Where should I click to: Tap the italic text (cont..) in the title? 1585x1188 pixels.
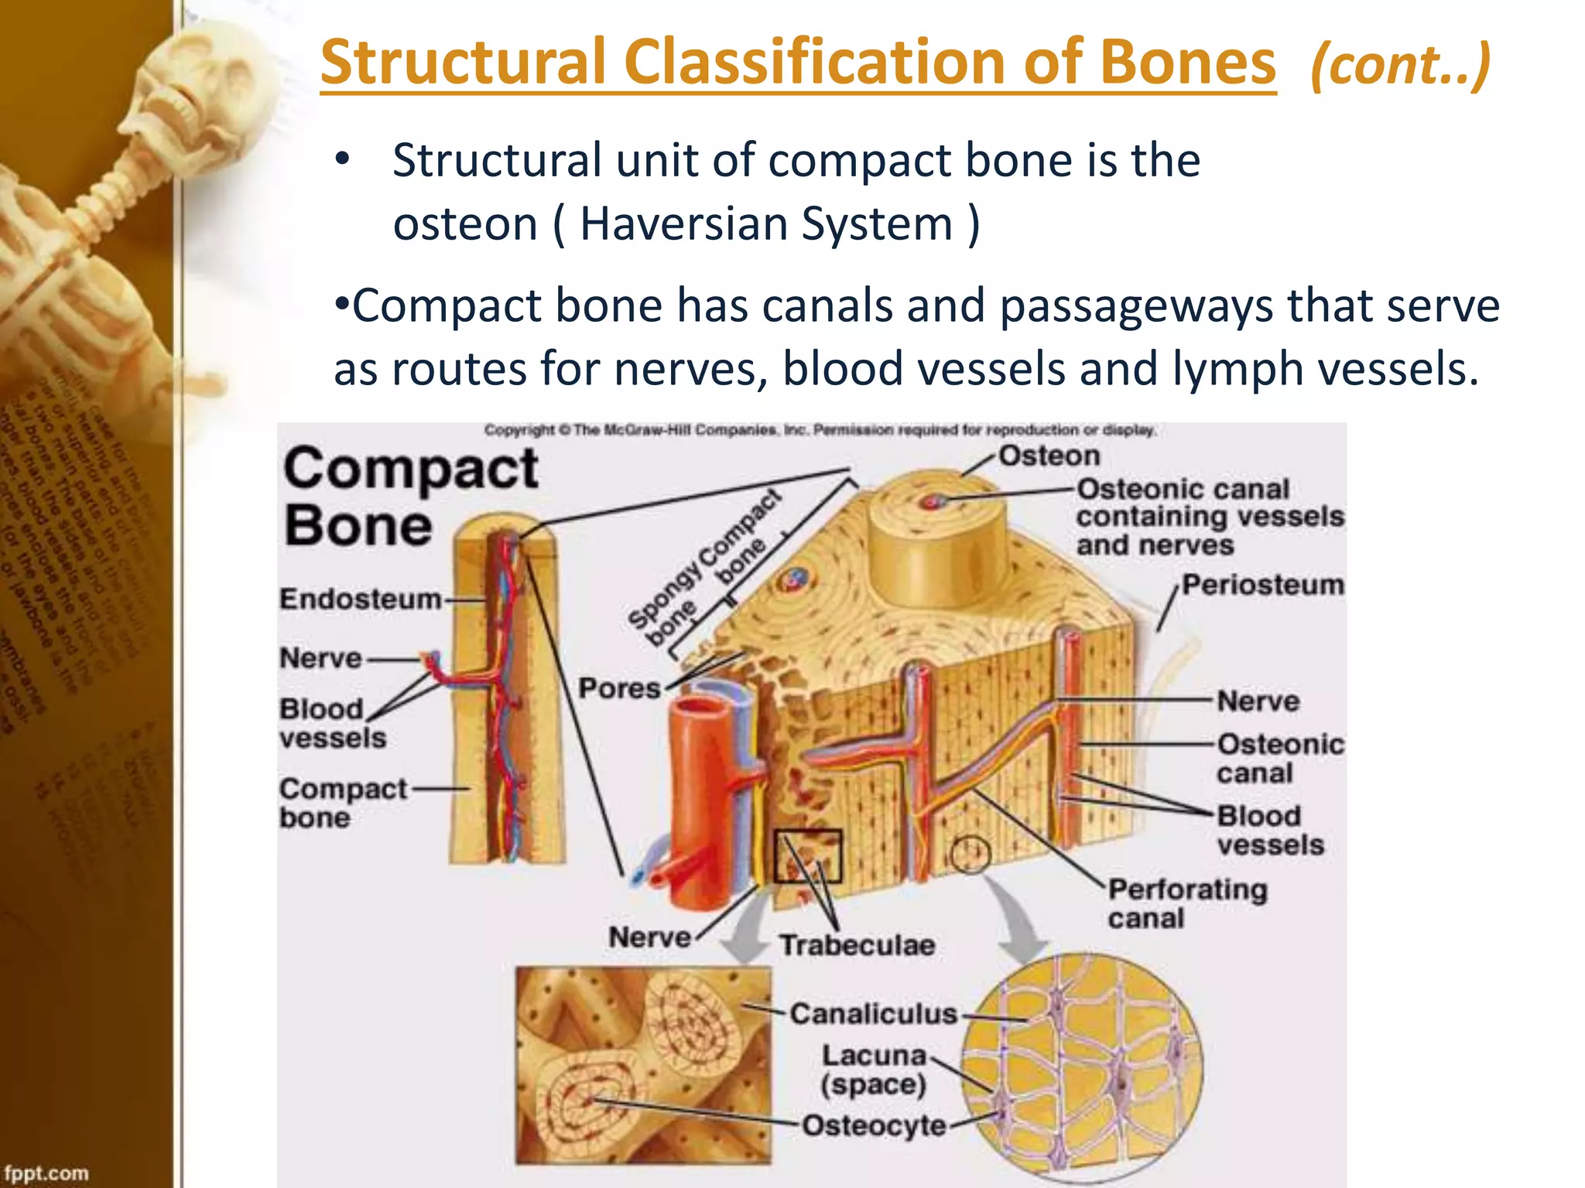(x=1399, y=65)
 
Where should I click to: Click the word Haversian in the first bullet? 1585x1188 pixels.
(x=683, y=224)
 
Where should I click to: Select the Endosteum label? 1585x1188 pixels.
(x=360, y=599)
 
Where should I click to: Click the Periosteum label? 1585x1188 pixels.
(x=1263, y=585)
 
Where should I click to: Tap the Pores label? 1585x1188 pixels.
(x=619, y=688)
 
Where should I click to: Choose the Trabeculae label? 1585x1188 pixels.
(x=857, y=945)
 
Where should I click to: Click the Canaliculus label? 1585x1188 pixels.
(x=873, y=1013)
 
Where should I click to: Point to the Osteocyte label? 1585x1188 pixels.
(x=873, y=1125)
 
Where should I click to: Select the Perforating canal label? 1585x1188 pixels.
(x=1186, y=903)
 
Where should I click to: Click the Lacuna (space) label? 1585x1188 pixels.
(x=874, y=1070)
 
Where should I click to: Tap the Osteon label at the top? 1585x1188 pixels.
(x=1049, y=456)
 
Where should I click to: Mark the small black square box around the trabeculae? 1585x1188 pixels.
(x=807, y=855)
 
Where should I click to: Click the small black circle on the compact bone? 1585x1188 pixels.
(x=970, y=855)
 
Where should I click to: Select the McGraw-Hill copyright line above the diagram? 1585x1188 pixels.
(x=820, y=430)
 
